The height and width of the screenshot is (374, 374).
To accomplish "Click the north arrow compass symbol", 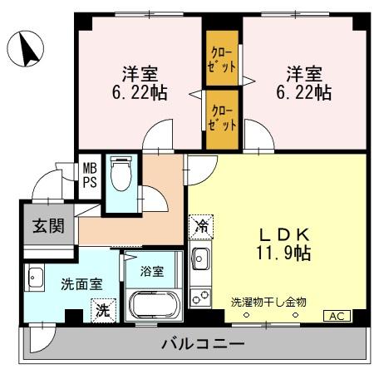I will coord(26,47).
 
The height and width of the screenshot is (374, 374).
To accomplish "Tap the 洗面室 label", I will coord(81,283).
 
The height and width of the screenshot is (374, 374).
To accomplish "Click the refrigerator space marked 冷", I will coord(201,224).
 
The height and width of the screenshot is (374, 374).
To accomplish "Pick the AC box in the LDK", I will coord(338,316).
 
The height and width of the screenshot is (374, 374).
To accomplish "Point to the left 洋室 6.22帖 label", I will coord(138,82).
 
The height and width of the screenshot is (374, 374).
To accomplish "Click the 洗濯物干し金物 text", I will coord(268,303).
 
